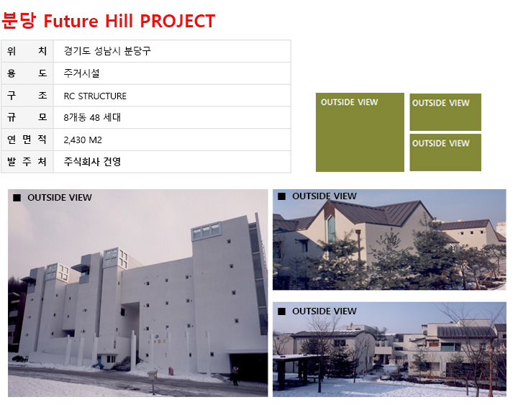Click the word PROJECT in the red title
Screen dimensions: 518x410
178,21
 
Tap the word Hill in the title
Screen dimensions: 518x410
119,21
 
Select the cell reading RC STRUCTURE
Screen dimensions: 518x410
172,96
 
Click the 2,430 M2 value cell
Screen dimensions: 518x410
172,140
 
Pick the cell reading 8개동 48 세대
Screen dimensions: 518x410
172,118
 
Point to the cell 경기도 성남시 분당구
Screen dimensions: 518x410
172,51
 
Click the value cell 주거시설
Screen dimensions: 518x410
172,73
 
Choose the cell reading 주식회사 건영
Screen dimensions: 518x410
172,162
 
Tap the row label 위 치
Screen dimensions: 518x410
27,51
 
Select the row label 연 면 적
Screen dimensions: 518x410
27,140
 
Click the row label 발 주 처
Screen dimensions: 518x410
27,162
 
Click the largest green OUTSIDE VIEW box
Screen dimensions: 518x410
360,132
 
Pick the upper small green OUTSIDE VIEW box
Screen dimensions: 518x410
445,112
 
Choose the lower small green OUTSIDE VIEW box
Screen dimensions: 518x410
445,152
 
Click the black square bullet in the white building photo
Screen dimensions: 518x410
17,198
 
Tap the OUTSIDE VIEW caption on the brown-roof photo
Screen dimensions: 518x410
324,196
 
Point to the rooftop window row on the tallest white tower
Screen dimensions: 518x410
206,230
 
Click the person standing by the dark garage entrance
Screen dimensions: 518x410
235,375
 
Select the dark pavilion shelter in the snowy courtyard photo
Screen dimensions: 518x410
297,370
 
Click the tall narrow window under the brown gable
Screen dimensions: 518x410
331,228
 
